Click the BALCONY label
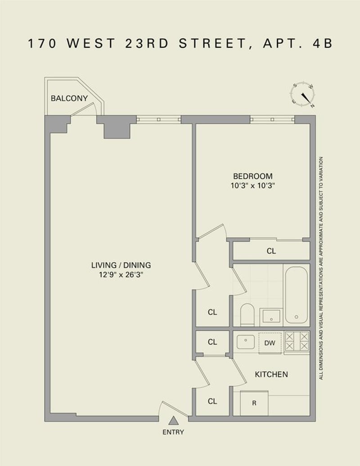[x=69, y=98]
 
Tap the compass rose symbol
[x=304, y=94]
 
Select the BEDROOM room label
[x=252, y=176]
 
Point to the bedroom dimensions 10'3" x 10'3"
[x=252, y=184]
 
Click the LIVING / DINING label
[x=121, y=265]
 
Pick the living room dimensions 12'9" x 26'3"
[x=121, y=274]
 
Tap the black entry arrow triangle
[x=173, y=421]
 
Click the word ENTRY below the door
[x=173, y=432]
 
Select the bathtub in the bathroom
[x=297, y=295]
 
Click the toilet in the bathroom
[x=247, y=314]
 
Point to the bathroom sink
[x=271, y=316]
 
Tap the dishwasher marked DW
[x=270, y=343]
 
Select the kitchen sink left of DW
[x=246, y=342]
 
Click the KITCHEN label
[x=271, y=374]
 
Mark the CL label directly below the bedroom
[x=271, y=251]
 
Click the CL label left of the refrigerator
[x=212, y=401]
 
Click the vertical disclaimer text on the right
[x=321, y=268]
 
